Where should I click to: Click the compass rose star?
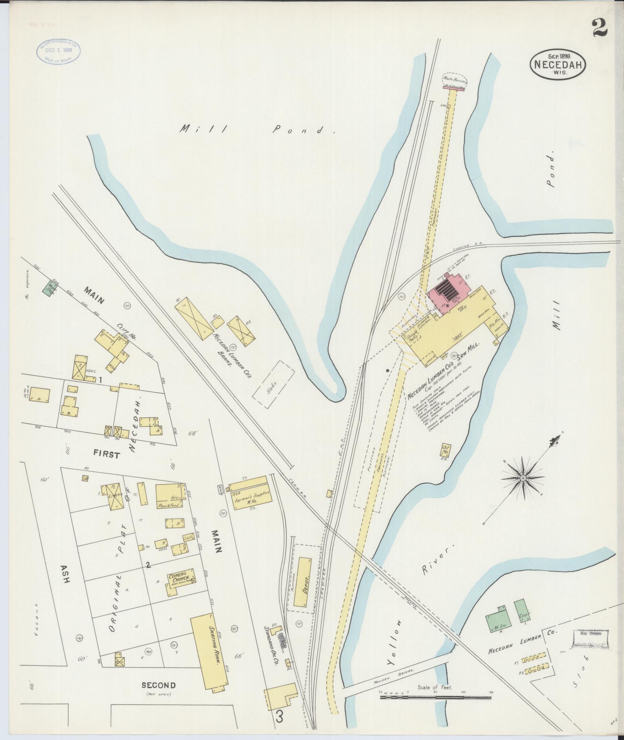coord(523,478)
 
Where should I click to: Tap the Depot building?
coord(303,577)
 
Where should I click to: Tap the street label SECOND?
coord(159,685)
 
